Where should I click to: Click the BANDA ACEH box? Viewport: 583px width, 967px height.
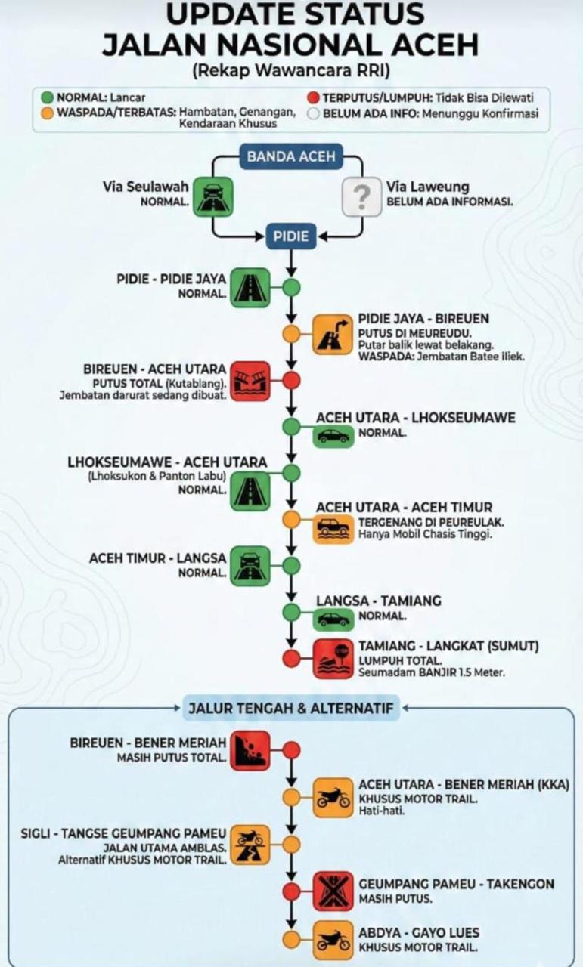point(291,158)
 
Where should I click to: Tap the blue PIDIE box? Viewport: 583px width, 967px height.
point(291,236)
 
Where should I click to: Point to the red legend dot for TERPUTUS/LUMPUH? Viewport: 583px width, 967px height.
point(314,98)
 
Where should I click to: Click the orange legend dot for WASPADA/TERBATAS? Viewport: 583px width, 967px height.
point(47,113)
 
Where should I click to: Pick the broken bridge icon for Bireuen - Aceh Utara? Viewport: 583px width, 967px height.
point(250,381)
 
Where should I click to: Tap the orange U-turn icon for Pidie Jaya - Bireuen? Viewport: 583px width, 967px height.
point(333,334)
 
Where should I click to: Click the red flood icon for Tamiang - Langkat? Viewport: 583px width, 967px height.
point(333,658)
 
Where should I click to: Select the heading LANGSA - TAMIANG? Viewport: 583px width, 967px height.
point(378,601)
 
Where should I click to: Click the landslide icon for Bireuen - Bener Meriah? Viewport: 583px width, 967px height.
point(250,750)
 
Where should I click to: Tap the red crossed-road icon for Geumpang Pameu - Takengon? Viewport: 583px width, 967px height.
point(333,891)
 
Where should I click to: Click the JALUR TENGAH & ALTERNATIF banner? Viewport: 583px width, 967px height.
point(291,709)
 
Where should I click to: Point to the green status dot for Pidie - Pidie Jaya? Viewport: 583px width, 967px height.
point(291,287)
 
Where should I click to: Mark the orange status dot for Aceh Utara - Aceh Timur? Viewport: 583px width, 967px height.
point(291,519)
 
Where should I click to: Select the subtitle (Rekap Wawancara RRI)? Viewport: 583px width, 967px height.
point(291,72)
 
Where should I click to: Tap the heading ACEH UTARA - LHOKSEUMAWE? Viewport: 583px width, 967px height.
point(416,418)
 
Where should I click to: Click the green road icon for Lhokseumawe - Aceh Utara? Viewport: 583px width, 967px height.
point(250,490)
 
